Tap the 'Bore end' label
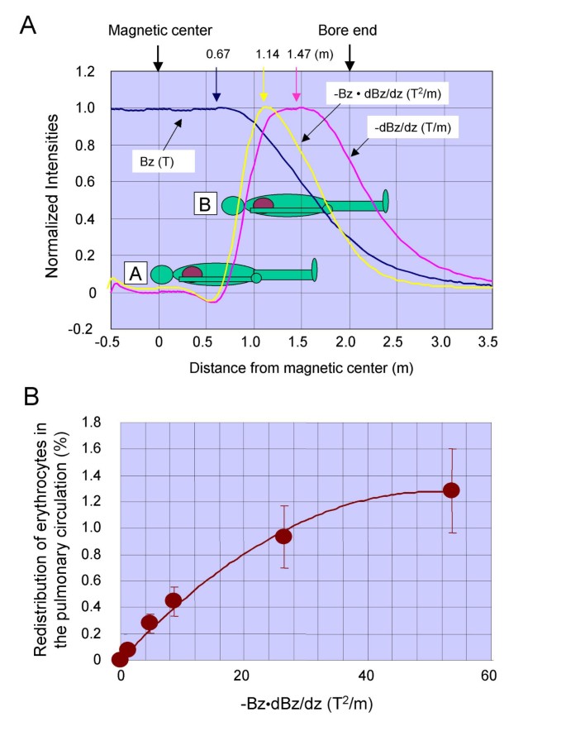coord(349,30)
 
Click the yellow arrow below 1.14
coord(264,84)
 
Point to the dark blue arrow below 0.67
coord(216,84)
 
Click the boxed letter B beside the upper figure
coord(206,203)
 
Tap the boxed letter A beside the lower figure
coord(136,271)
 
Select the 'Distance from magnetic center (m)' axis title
coord(301,366)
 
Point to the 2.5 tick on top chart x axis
coord(397,340)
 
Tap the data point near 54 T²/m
coord(451,490)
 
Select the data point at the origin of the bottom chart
coord(121,659)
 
